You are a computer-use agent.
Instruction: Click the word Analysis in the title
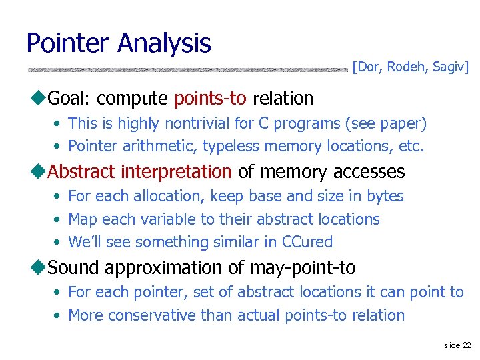point(164,43)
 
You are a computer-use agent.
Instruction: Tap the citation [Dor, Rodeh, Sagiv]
point(411,67)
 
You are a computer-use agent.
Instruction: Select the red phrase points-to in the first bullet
point(210,99)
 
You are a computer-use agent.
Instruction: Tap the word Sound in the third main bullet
point(74,268)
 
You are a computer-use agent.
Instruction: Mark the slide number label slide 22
point(457,345)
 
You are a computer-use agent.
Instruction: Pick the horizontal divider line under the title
point(187,69)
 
